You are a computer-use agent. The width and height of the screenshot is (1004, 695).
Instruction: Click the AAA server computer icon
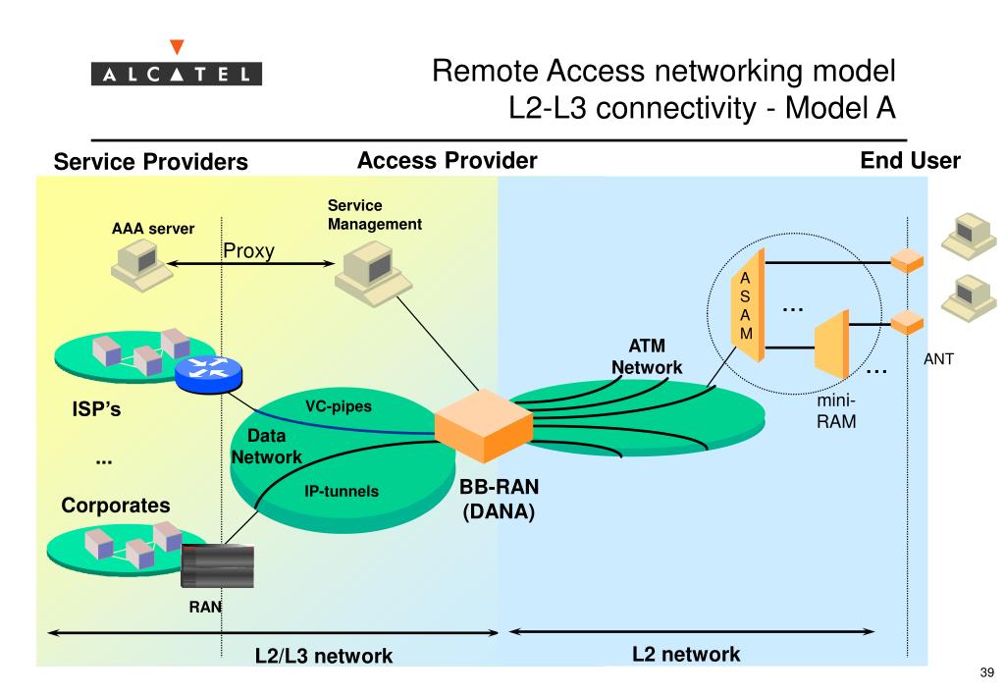(x=141, y=266)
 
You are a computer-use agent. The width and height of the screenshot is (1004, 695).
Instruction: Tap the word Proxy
(x=248, y=251)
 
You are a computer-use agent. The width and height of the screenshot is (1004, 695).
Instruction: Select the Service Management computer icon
(x=373, y=274)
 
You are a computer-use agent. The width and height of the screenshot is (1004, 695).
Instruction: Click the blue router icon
(x=209, y=373)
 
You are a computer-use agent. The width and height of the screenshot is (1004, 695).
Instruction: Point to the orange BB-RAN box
(x=484, y=425)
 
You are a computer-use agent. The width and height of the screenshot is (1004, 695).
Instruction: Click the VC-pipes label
(x=338, y=406)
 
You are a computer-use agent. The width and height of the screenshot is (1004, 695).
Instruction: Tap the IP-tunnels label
(x=342, y=491)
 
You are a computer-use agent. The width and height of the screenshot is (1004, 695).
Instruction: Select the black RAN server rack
(x=218, y=565)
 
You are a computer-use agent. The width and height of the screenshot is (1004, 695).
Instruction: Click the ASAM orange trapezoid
(x=748, y=305)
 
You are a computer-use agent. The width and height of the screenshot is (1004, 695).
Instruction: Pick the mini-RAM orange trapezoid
(x=831, y=344)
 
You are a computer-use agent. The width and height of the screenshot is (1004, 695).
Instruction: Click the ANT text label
(x=938, y=359)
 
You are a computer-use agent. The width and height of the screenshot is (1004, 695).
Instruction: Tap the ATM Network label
(x=647, y=356)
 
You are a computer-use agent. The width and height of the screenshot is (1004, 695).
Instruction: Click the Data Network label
(x=266, y=447)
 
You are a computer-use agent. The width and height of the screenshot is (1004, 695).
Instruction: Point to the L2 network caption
(x=686, y=654)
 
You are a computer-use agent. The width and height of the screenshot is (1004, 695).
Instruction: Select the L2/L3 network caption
(x=324, y=656)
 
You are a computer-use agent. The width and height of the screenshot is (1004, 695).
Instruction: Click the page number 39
(x=986, y=672)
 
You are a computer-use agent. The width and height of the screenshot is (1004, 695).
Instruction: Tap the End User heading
(x=910, y=160)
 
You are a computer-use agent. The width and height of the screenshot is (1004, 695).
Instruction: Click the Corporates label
(x=116, y=506)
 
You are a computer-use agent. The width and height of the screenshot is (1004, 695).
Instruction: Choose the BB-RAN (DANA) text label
(x=499, y=499)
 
